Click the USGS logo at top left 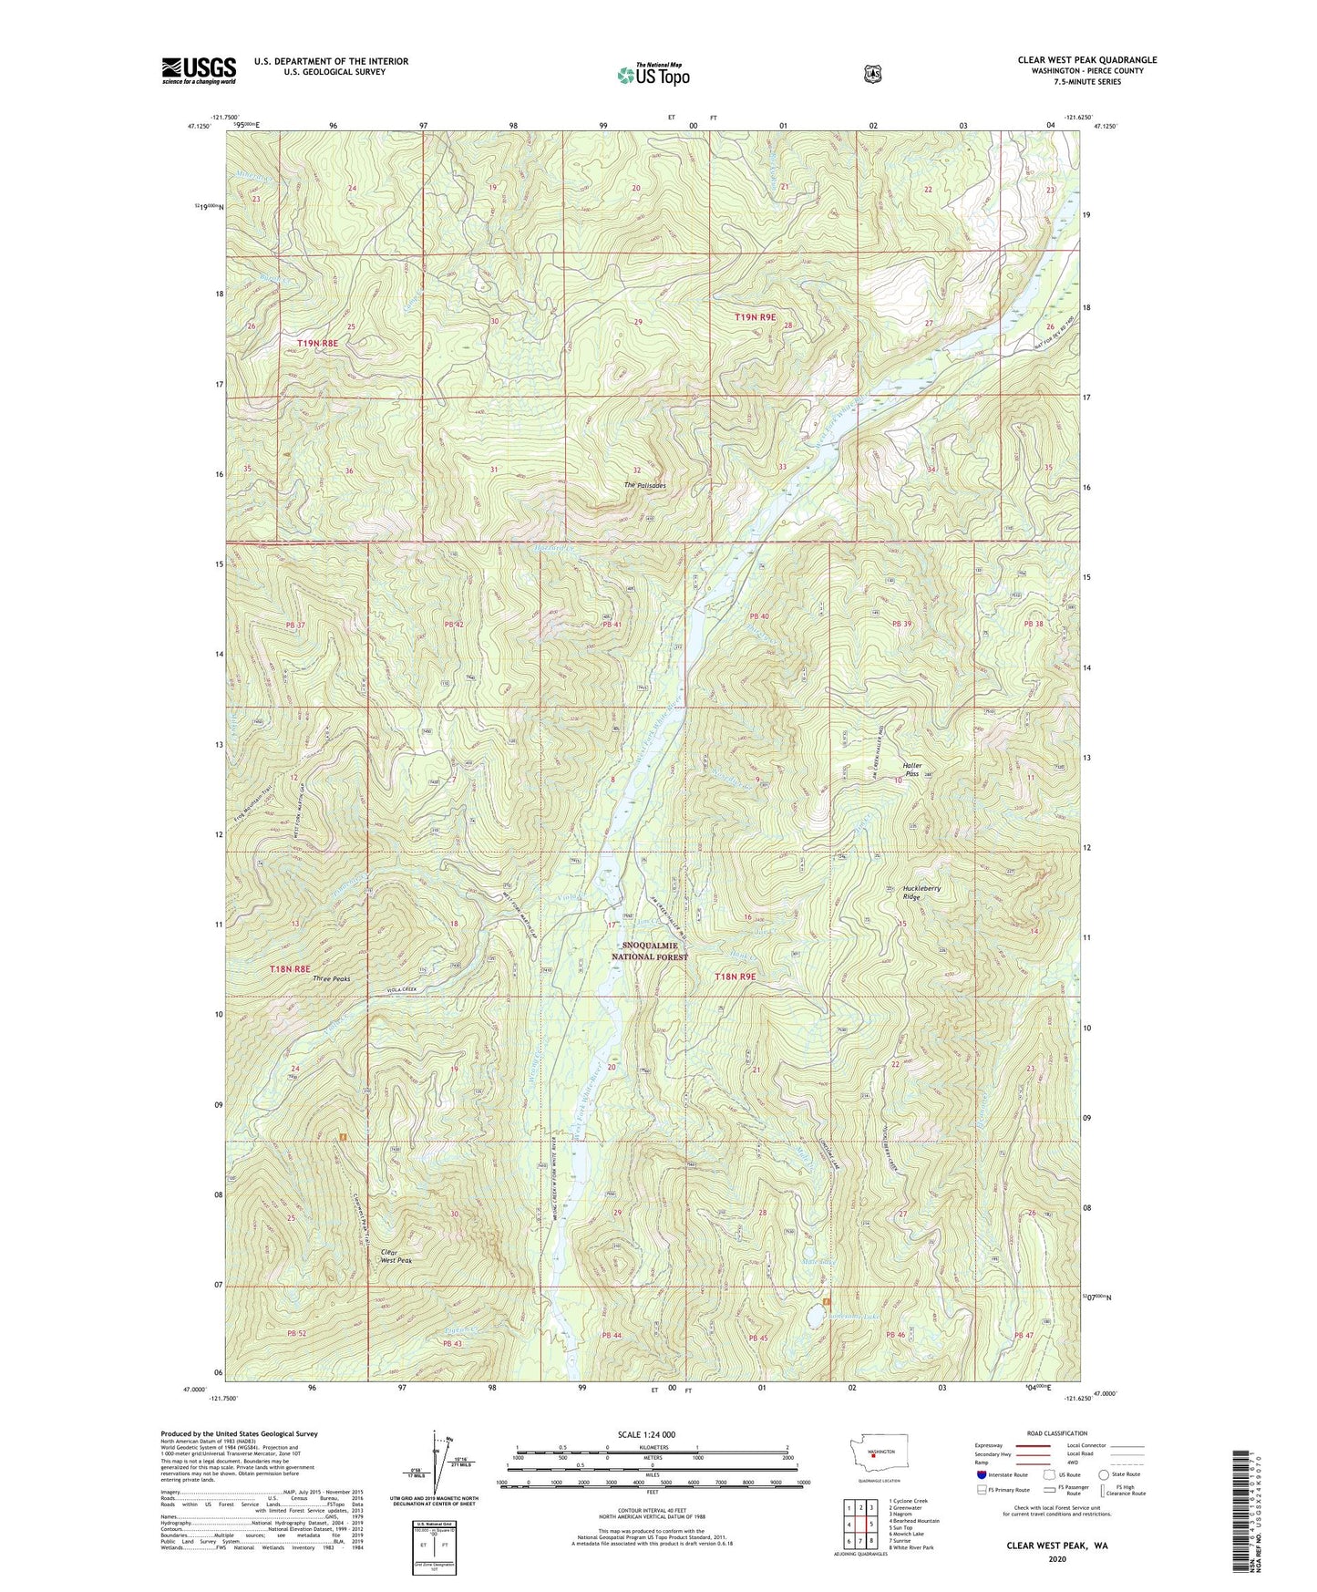click(x=199, y=70)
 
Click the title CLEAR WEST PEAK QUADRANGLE click(x=1086, y=60)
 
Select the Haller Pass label click(x=911, y=770)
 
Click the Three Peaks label click(x=331, y=978)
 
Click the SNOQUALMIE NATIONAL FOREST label click(x=653, y=951)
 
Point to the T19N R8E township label click(x=317, y=343)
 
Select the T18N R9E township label click(x=735, y=976)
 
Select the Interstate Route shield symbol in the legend click(x=980, y=1473)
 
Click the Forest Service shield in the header click(x=872, y=73)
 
